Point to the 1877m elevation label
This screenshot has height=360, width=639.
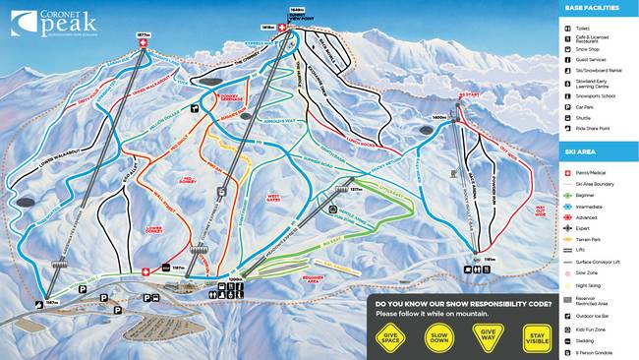click(x=144, y=31)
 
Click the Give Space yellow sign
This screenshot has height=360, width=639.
click(x=388, y=336)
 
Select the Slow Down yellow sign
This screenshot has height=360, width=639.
click(x=438, y=336)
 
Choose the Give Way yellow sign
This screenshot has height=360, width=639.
click(x=487, y=336)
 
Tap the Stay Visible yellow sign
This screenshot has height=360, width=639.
click(x=536, y=336)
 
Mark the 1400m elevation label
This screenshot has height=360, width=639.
click(x=439, y=118)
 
